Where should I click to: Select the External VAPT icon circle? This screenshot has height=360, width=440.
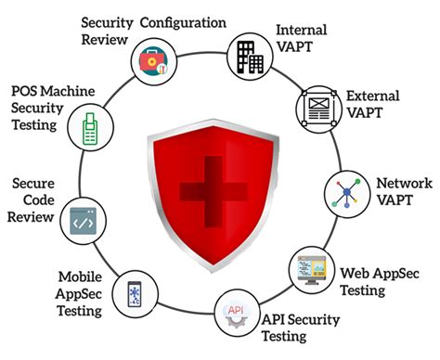pos(316,109)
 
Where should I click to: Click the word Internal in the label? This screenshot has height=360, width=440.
pos(301,30)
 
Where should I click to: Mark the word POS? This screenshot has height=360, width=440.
pos(26,91)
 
